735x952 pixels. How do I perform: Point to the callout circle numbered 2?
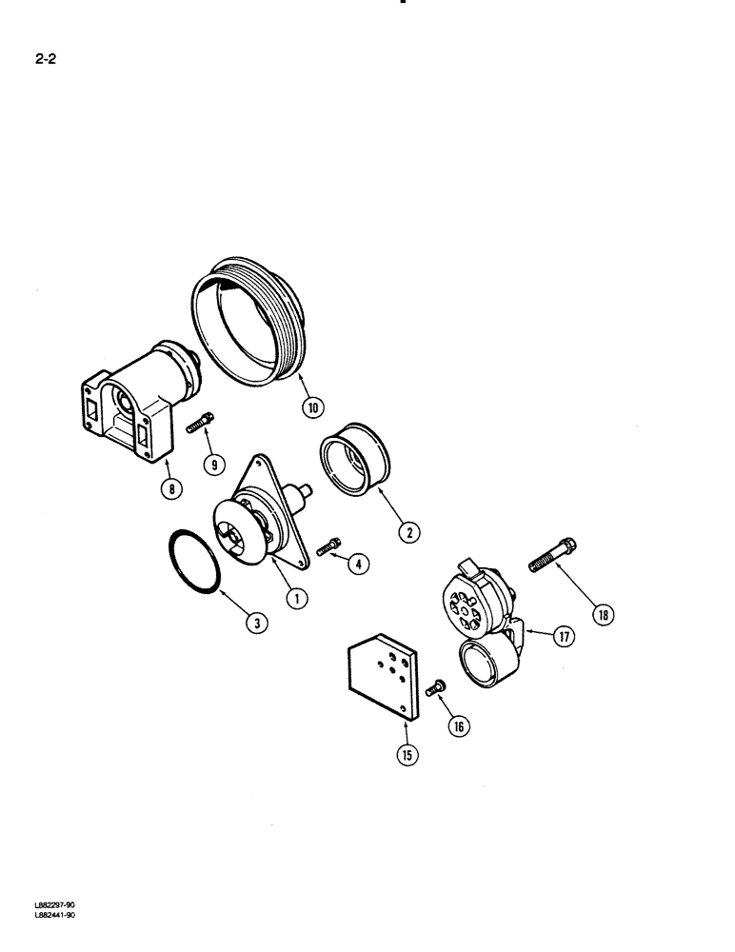(409, 532)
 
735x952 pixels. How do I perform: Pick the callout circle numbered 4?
(359, 564)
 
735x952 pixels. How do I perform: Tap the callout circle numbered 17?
(565, 637)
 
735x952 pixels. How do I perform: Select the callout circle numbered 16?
(459, 725)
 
